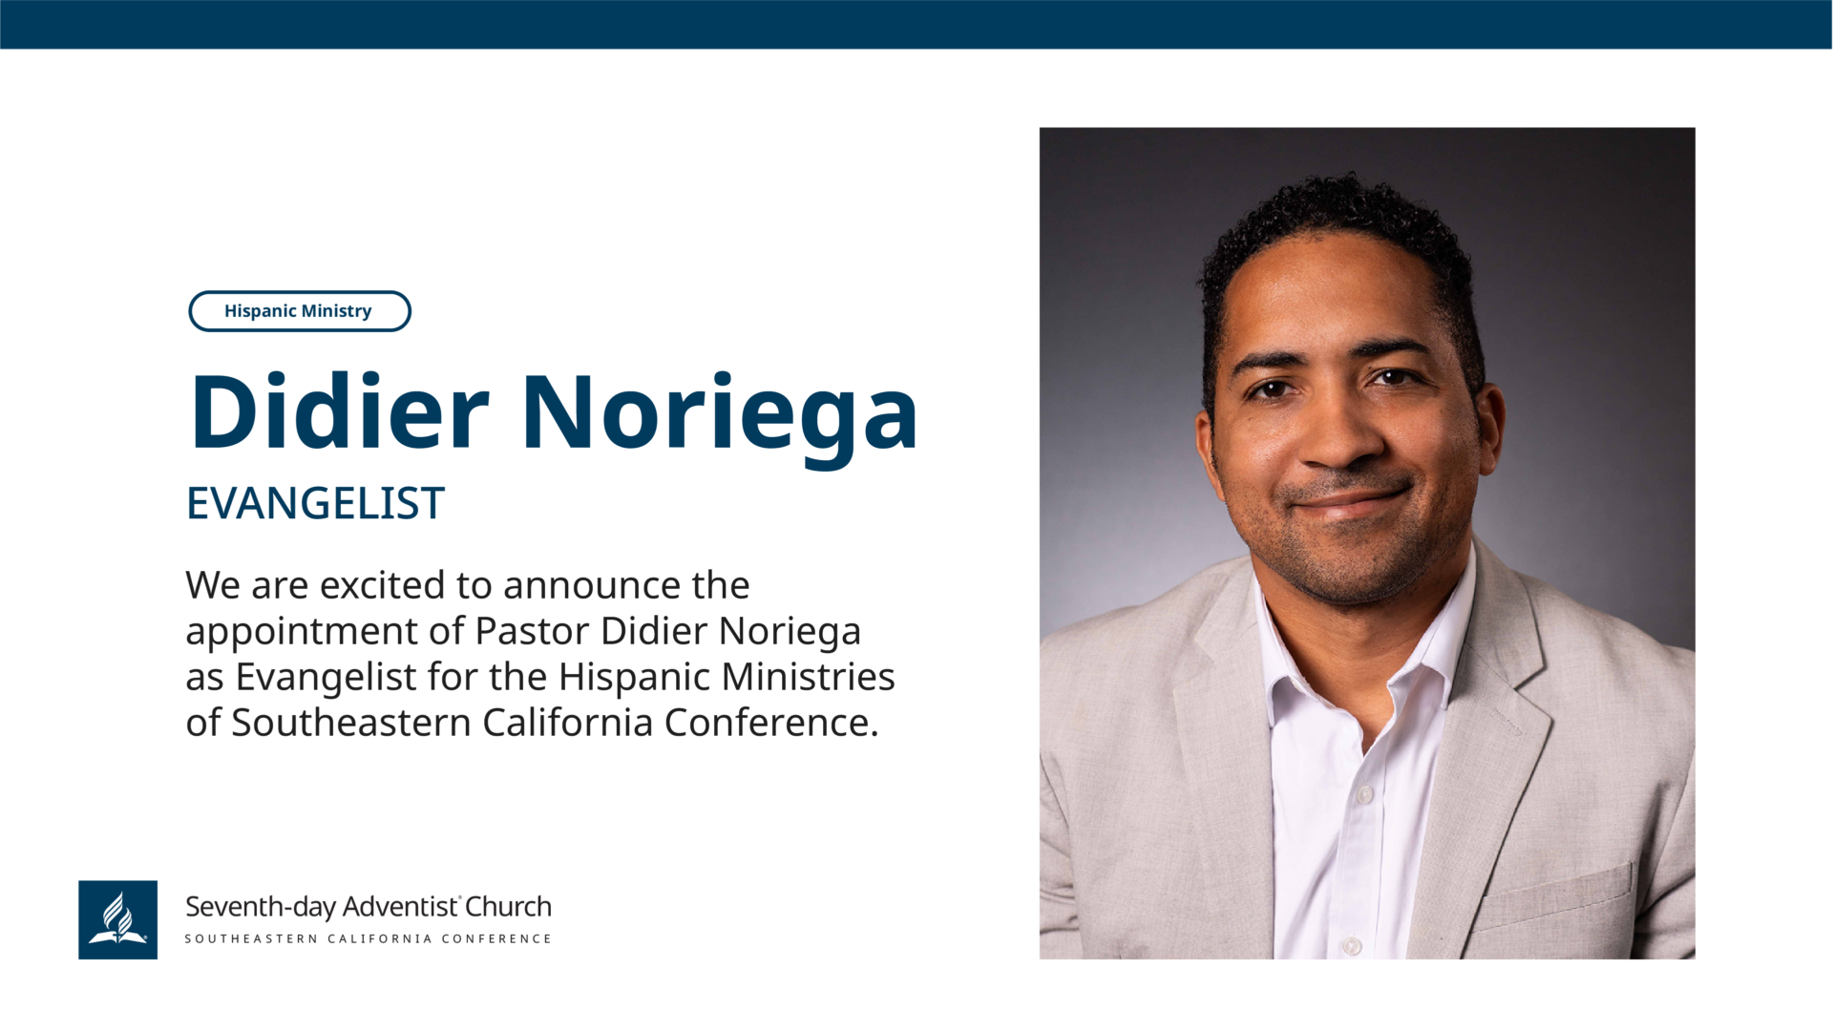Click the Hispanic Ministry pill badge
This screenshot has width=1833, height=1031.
(x=300, y=311)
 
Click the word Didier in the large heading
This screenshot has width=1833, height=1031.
(x=340, y=411)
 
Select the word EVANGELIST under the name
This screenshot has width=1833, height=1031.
(x=315, y=503)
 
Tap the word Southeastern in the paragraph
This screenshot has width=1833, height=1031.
(x=351, y=723)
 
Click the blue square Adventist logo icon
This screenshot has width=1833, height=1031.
(x=117, y=919)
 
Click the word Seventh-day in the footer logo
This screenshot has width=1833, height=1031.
(x=260, y=907)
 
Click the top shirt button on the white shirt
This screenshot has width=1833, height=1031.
(x=1364, y=794)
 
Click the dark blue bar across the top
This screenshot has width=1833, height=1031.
(x=916, y=24)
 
